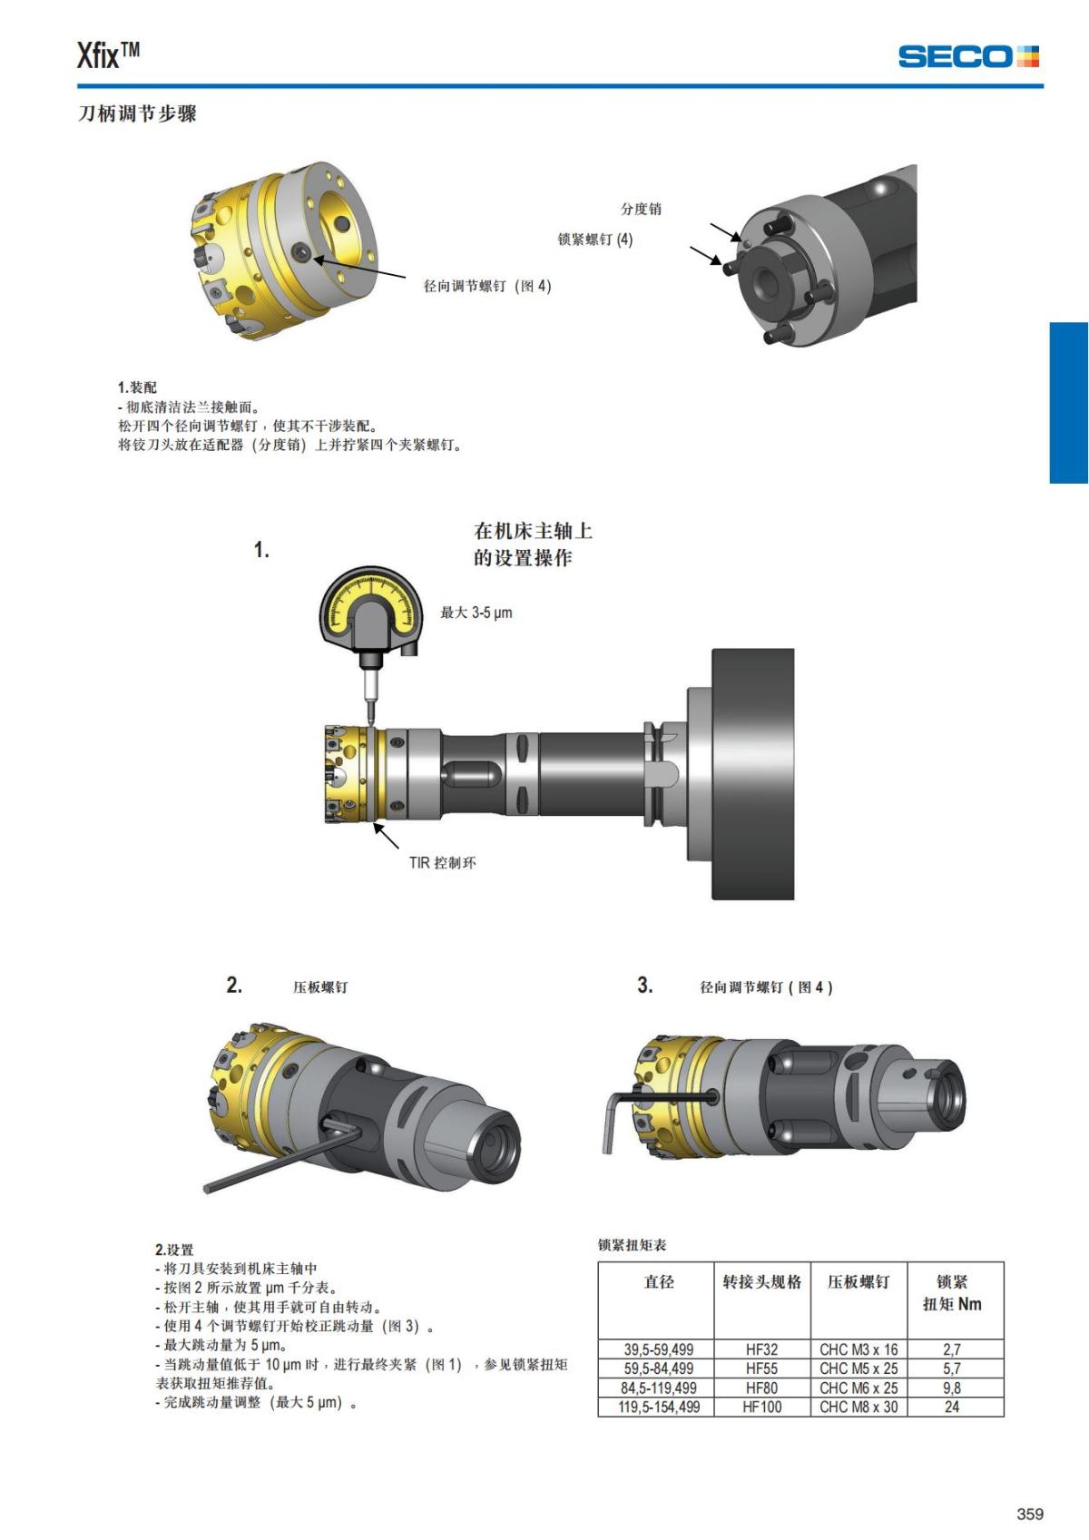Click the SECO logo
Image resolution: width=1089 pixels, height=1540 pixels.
968,56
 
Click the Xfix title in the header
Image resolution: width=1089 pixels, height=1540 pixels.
108,55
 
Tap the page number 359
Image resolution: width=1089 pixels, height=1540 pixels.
1030,1513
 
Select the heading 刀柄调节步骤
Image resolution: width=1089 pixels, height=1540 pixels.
137,113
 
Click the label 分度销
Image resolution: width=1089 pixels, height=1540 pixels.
641,209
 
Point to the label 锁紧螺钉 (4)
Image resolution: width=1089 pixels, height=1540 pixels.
594,240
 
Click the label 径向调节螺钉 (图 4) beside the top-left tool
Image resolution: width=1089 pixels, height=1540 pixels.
487,286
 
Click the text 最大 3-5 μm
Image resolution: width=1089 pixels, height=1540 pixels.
476,613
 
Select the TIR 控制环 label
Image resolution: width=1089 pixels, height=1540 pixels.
442,862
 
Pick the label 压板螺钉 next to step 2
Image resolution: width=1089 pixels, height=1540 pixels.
320,987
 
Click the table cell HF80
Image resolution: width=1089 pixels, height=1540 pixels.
761,1388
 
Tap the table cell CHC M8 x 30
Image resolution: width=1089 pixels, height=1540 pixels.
858,1407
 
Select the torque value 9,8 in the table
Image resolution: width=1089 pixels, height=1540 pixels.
952,1388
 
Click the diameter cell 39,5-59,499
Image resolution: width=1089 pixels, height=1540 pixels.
659,1349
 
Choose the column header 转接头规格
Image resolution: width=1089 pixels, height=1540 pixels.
761,1282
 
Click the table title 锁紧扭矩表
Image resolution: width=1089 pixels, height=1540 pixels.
632,1244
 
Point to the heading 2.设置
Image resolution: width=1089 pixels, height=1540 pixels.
174,1250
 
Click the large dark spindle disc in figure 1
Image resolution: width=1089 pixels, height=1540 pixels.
752,773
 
